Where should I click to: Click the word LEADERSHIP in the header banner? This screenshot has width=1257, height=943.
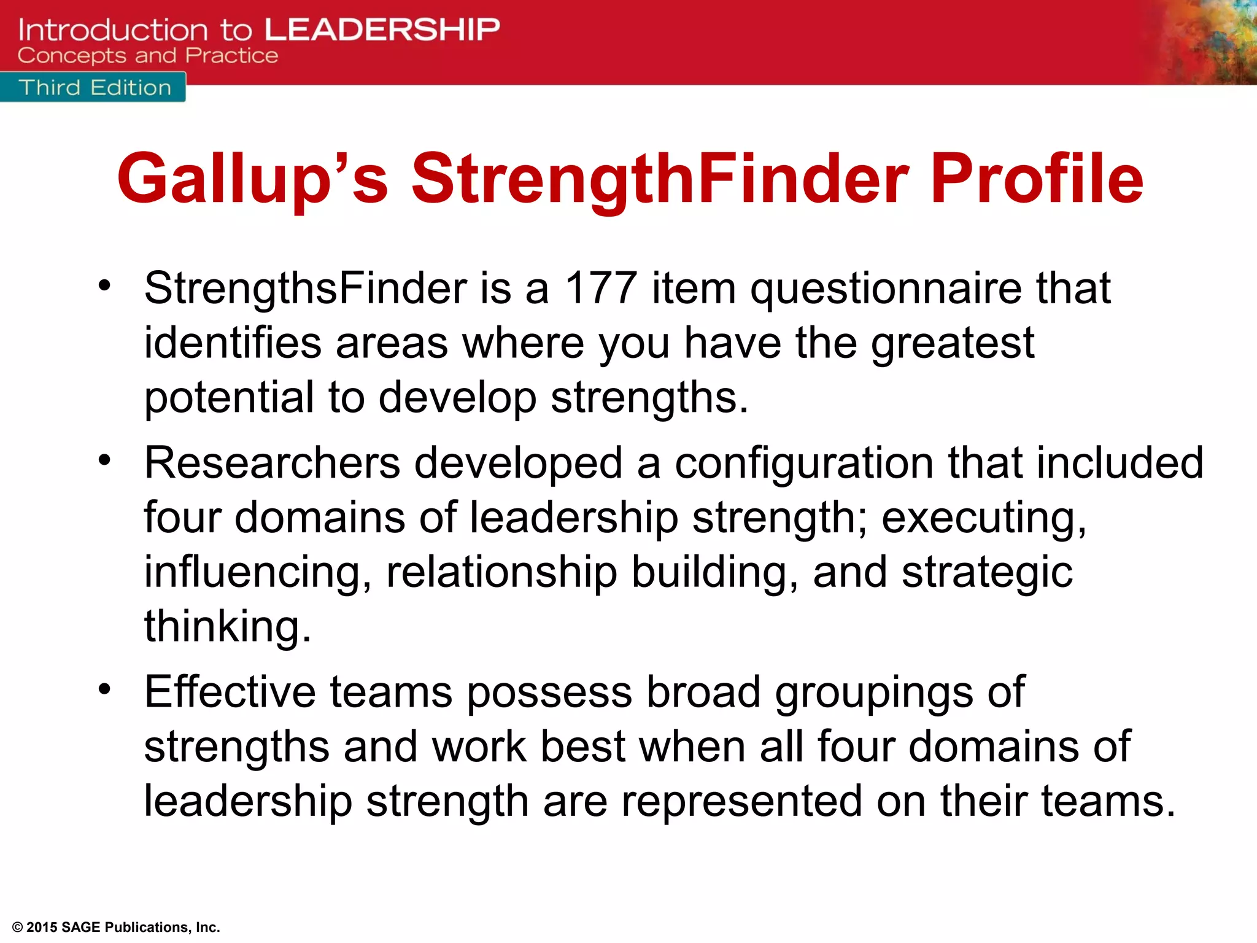point(382,29)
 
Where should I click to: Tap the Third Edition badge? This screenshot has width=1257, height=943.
point(95,88)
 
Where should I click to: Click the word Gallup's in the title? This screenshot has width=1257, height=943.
point(252,179)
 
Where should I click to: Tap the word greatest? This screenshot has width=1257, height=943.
point(953,344)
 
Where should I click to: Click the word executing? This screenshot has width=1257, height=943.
point(983,518)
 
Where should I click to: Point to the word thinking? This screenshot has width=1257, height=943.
point(228,627)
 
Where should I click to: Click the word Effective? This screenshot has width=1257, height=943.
point(230,692)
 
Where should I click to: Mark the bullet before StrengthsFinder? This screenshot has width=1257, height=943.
point(105,285)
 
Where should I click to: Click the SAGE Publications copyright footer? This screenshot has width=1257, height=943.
point(116,927)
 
